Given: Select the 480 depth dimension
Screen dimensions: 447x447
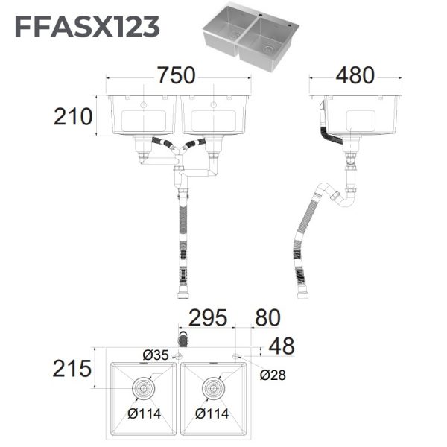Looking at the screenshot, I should coord(355,76).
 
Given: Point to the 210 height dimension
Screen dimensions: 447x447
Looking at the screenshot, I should coord(72,117).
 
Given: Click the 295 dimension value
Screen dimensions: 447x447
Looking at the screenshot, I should coord(208,318).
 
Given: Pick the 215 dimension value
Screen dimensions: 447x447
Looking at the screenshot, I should coord(72,368).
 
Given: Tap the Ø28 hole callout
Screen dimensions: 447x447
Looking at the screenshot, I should coord(273,375).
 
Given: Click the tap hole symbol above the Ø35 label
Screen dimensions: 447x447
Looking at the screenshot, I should coord(180,356).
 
